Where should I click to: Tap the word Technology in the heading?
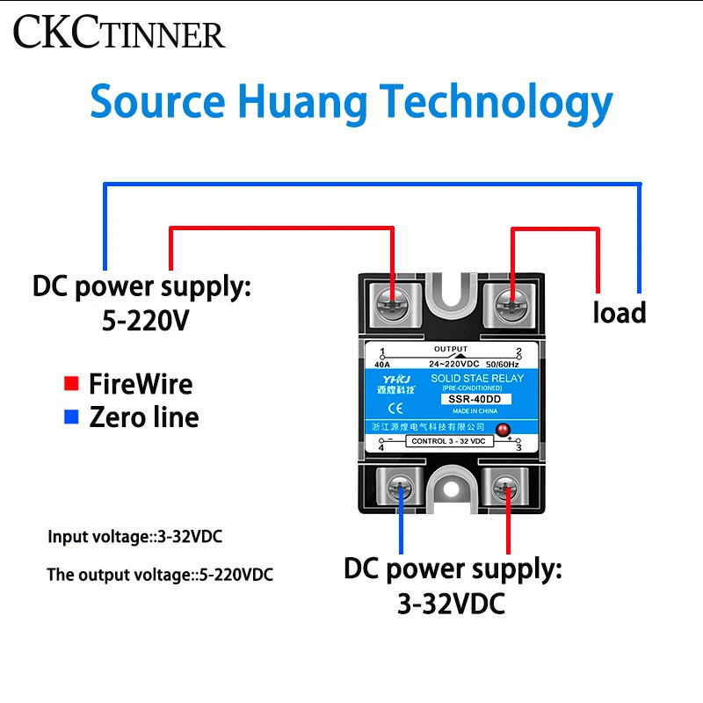(496, 103)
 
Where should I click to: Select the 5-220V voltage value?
(145, 321)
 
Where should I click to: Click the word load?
(619, 312)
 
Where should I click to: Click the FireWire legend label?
(141, 384)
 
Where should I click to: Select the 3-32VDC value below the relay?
(451, 604)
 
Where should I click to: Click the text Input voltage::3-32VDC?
(129, 536)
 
